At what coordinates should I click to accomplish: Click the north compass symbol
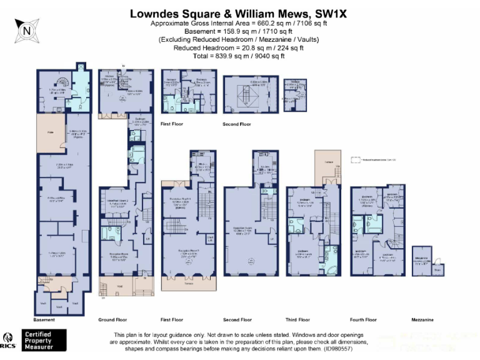coord(26,28)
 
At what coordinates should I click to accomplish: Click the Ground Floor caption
coord(113,319)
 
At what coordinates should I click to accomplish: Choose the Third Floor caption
coord(298,319)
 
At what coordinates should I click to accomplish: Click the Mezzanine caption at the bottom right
coord(422,319)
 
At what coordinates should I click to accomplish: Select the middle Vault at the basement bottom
coord(59,307)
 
